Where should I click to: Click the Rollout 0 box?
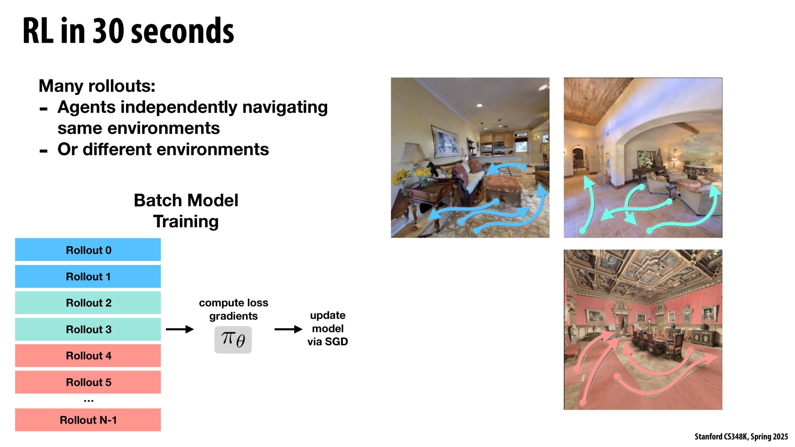(88, 250)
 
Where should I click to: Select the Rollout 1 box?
(88, 276)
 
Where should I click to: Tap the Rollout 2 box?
(88, 303)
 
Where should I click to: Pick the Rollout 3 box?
(88, 329)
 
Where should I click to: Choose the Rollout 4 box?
(88, 356)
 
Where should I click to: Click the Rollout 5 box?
(88, 382)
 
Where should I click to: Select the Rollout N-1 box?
(88, 420)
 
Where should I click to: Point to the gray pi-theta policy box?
(233, 340)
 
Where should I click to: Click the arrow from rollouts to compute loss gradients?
(180, 329)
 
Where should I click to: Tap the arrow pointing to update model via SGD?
(288, 329)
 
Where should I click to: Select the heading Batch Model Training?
(186, 211)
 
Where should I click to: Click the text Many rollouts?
(97, 86)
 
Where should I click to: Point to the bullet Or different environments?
(163, 149)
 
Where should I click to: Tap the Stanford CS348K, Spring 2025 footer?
(741, 437)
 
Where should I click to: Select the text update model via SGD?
(328, 329)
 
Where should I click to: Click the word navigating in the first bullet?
(285, 107)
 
